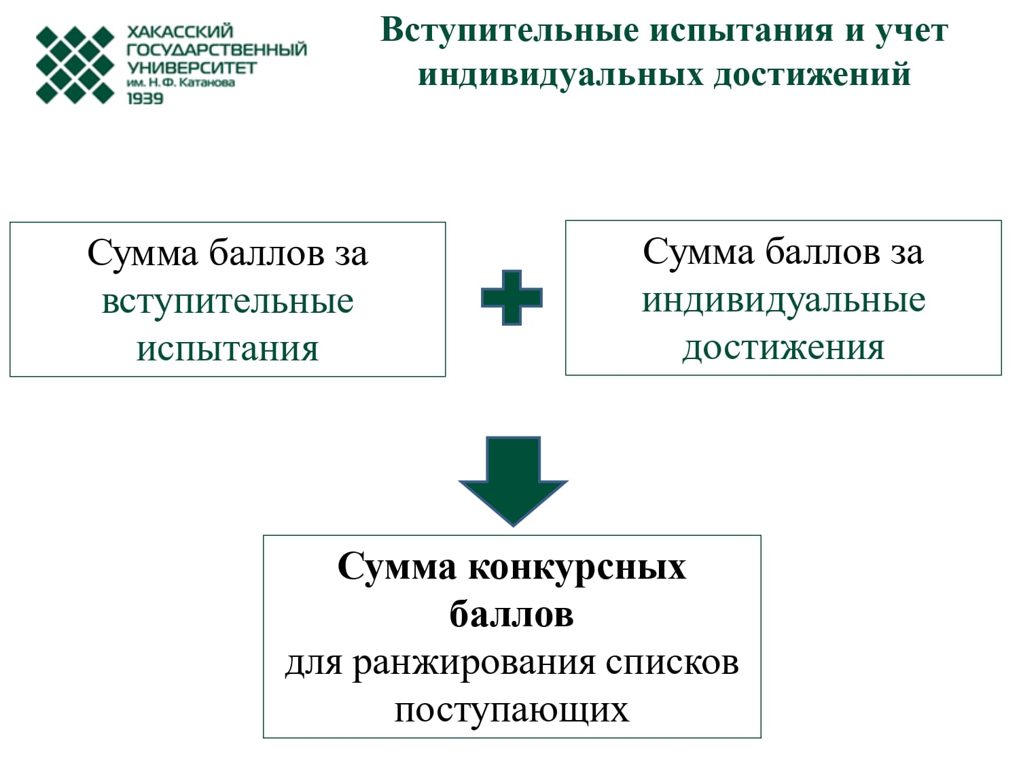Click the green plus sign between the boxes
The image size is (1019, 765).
click(512, 297)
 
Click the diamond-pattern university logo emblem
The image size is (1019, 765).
click(75, 65)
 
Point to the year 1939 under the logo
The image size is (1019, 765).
click(145, 99)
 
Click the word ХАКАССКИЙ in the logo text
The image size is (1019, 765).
click(180, 31)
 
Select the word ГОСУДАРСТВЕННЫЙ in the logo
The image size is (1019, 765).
click(217, 50)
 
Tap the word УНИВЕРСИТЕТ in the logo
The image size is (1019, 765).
click(192, 68)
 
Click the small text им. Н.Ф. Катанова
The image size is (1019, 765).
click(181, 83)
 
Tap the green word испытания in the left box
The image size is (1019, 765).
click(228, 350)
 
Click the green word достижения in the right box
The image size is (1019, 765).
click(784, 348)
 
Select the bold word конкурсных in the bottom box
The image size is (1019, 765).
click(577, 568)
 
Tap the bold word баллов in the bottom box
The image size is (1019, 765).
click(512, 614)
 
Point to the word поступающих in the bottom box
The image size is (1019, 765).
click(512, 711)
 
